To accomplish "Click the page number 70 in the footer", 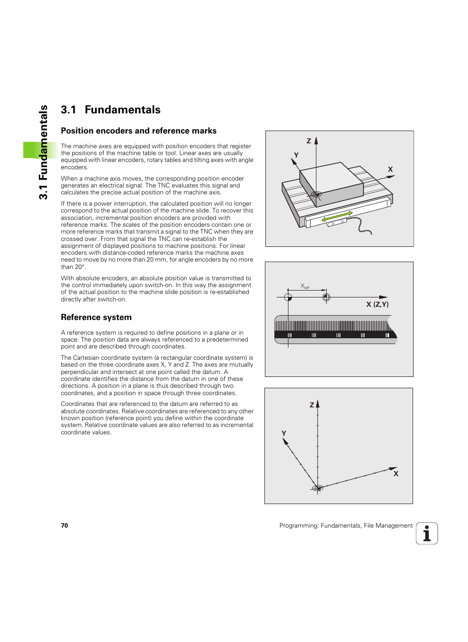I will pyautogui.click(x=64, y=526).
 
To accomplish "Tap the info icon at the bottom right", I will pyautogui.click(x=427, y=534).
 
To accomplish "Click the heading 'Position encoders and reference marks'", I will pyautogui.click(x=138, y=131).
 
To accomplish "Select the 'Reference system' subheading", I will pyautogui.click(x=96, y=318).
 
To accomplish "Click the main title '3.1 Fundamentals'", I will pyautogui.click(x=110, y=110).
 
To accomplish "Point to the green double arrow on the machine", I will pyautogui.click(x=337, y=216).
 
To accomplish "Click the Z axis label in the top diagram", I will pyautogui.click(x=309, y=141).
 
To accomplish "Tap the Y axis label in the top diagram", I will pyautogui.click(x=296, y=155).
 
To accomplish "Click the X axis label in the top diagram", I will pyautogui.click(x=390, y=169).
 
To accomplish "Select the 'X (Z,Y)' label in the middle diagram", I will pyautogui.click(x=377, y=304).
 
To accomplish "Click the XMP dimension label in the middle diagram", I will pyautogui.click(x=305, y=286).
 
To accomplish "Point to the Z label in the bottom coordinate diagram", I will pyautogui.click(x=312, y=405).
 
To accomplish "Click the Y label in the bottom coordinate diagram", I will pyautogui.click(x=284, y=433).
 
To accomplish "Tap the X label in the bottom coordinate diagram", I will pyautogui.click(x=396, y=474).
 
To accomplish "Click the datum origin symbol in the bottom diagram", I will pyautogui.click(x=317, y=488).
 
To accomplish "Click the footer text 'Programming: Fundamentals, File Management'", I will pyautogui.click(x=346, y=526).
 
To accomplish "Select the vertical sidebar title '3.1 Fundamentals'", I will pyautogui.click(x=44, y=152).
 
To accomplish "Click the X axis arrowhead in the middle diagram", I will pyautogui.click(x=384, y=297).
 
